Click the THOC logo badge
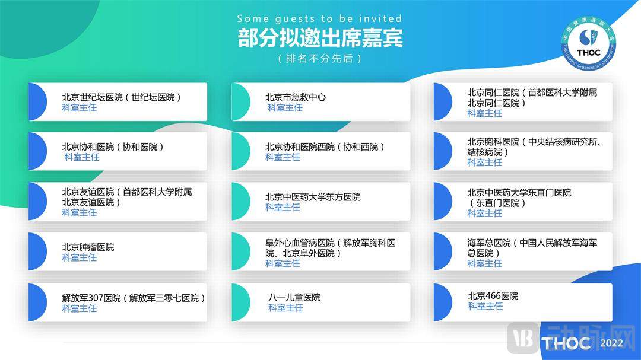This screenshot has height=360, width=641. (588, 43)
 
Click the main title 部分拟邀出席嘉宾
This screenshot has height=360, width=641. (320, 38)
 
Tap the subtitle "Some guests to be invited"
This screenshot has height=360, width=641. (319, 18)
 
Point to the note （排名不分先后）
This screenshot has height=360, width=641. (320, 59)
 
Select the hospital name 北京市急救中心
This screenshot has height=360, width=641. (296, 97)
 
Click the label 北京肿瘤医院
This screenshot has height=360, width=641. (88, 247)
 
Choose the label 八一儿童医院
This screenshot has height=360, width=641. (294, 298)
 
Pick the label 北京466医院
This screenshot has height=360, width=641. (493, 296)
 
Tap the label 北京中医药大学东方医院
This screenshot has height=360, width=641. (313, 197)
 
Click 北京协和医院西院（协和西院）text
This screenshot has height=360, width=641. (325, 146)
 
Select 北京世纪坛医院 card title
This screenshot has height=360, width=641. (122, 97)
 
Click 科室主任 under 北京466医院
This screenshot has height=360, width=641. (485, 307)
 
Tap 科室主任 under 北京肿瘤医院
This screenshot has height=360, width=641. (80, 257)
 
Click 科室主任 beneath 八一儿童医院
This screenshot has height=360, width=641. (285, 308)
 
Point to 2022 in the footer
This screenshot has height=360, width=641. (611, 343)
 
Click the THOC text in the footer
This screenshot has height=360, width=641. (566, 343)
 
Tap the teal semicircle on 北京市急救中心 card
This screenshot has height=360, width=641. (241, 102)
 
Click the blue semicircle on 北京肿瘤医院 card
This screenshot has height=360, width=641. (37, 251)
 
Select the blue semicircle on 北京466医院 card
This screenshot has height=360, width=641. (443, 302)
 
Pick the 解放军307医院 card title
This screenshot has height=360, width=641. (134, 298)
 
